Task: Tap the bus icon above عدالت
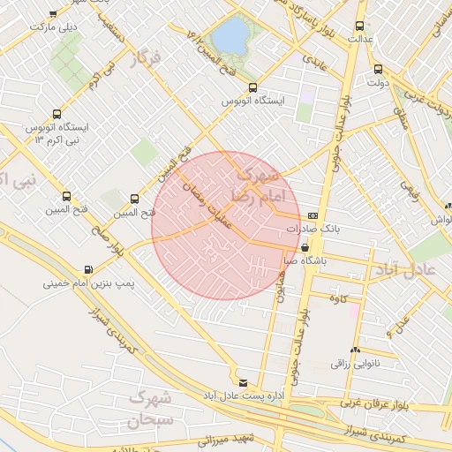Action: pyautogui.click(x=358, y=26)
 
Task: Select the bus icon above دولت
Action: pyautogui.click(x=378, y=69)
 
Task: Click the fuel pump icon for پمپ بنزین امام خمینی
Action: pyautogui.click(x=87, y=270)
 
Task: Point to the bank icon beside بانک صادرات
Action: pyautogui.click(x=313, y=215)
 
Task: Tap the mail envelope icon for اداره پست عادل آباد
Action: pyautogui.click(x=244, y=382)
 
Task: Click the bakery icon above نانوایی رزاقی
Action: pyautogui.click(x=355, y=350)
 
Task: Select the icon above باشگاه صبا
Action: pyautogui.click(x=305, y=248)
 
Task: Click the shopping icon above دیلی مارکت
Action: pyautogui.click(x=54, y=14)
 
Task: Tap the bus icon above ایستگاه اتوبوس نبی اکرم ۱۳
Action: pyautogui.click(x=57, y=114)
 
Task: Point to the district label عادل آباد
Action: pyautogui.click(x=406, y=269)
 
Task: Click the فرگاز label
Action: pyautogui.click(x=147, y=59)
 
